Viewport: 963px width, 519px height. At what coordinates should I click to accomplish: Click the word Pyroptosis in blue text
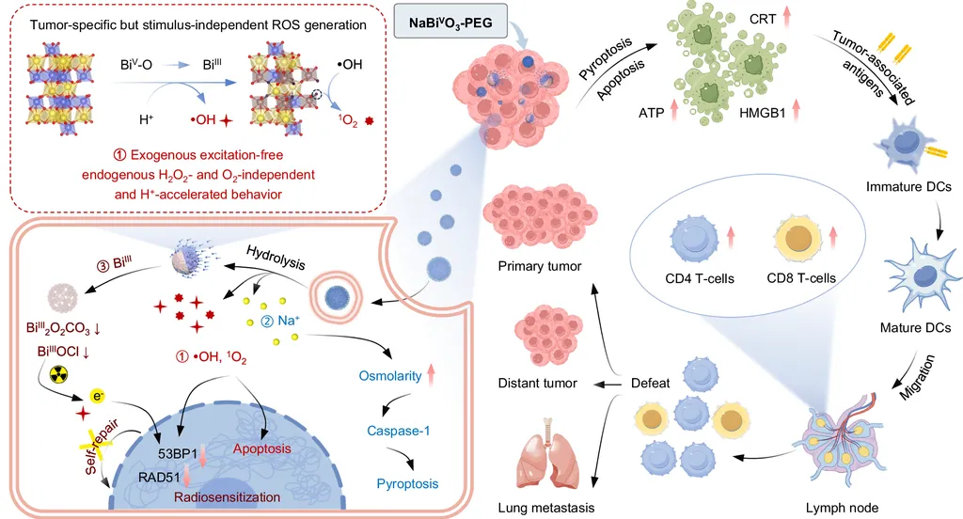pyautogui.click(x=406, y=484)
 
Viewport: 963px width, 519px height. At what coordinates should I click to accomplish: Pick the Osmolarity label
pyautogui.click(x=391, y=376)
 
